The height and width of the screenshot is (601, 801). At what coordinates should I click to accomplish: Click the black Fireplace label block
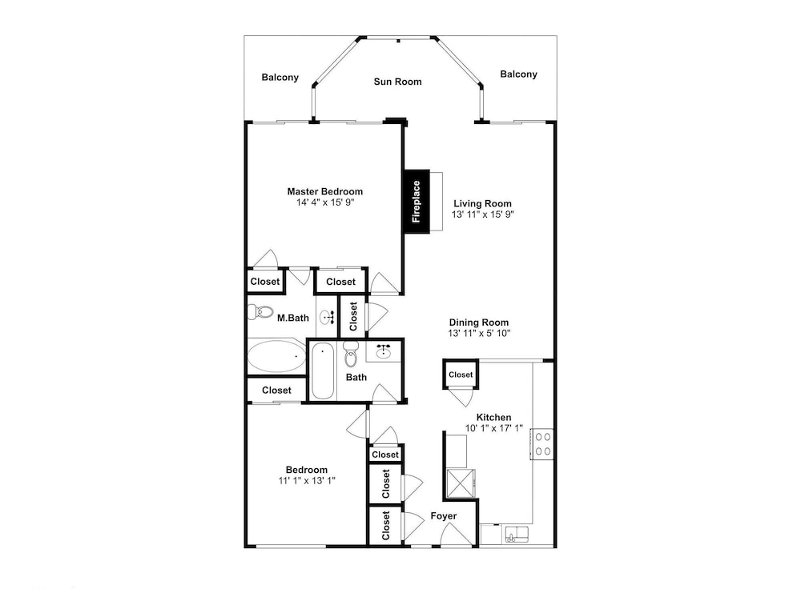click(x=417, y=201)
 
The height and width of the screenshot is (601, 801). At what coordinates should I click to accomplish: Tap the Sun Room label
click(x=397, y=82)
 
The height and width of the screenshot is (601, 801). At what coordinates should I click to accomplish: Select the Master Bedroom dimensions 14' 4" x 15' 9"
click(x=325, y=202)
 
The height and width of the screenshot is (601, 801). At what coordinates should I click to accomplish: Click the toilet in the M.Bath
click(x=260, y=312)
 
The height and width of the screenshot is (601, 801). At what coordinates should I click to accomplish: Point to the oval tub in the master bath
click(x=276, y=355)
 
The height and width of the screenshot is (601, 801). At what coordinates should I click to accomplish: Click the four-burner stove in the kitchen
click(x=542, y=444)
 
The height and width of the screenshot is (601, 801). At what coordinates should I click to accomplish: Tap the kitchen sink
click(x=517, y=535)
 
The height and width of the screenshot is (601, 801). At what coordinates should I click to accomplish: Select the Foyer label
click(x=444, y=516)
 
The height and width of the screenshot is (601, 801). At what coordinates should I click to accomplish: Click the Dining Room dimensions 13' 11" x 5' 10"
click(x=479, y=334)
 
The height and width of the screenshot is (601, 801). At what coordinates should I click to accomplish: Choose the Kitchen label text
click(x=493, y=417)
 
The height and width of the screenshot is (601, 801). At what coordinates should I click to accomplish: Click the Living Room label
click(x=482, y=203)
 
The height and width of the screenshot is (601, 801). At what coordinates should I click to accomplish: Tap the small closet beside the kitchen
click(x=461, y=375)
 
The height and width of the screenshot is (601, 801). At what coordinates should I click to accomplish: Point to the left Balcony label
click(x=280, y=78)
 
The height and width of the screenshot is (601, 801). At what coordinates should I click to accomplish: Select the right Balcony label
click(x=518, y=74)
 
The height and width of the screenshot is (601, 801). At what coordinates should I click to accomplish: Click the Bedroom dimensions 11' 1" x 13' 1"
click(x=307, y=481)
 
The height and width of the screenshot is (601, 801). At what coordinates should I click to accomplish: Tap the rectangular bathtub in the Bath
click(x=322, y=371)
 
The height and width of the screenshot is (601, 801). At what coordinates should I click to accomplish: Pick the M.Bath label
click(x=292, y=318)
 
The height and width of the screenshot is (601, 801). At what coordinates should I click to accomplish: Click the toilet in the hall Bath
click(x=351, y=354)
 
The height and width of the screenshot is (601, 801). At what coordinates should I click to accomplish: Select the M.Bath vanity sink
click(x=327, y=318)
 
